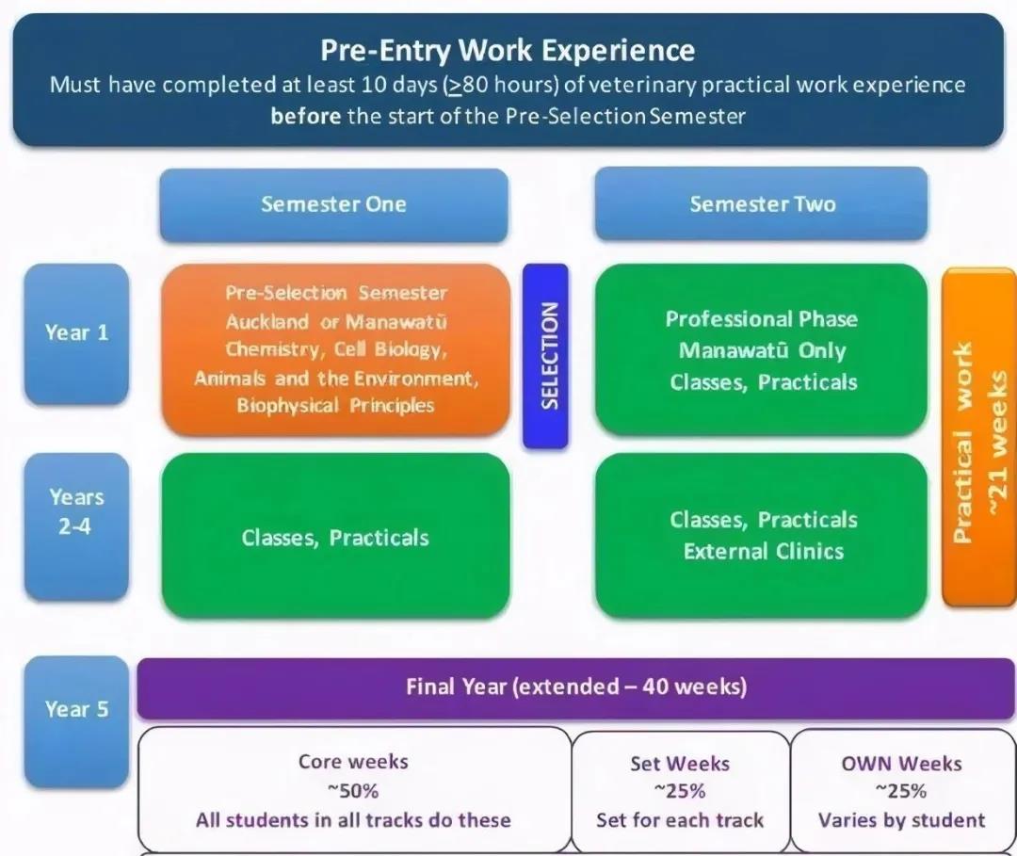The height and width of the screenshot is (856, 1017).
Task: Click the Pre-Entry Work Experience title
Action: click(508, 50)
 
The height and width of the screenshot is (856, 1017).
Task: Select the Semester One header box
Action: click(333, 204)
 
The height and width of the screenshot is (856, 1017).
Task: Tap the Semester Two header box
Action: click(762, 204)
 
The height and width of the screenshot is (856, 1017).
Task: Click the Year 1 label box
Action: click(76, 332)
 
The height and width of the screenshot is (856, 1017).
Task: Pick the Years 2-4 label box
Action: click(76, 525)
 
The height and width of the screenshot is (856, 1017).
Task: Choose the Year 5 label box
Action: click(76, 710)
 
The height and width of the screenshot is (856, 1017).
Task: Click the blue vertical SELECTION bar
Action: click(546, 355)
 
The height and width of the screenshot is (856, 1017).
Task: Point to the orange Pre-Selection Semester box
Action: click(335, 349)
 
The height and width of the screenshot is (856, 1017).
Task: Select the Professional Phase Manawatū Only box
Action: click(762, 349)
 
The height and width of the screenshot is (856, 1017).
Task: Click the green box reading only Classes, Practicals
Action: click(335, 538)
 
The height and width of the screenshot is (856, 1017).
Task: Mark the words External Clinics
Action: click(764, 551)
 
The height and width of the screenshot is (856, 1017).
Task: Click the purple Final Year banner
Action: click(576, 686)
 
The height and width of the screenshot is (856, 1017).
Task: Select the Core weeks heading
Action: click(353, 762)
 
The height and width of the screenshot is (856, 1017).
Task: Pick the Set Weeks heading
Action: click(680, 764)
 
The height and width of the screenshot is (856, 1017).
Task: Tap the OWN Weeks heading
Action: click(901, 764)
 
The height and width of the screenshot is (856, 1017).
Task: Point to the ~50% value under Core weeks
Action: click(353, 791)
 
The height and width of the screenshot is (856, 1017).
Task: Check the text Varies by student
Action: click(901, 819)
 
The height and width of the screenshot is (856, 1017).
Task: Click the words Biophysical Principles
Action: click(335, 406)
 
